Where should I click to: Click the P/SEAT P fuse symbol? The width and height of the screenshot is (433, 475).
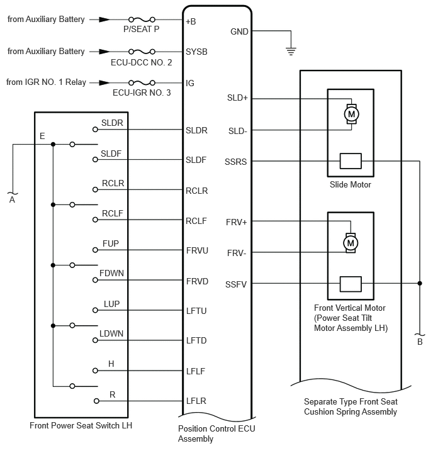point(142,20)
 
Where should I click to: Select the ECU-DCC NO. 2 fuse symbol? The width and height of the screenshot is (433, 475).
point(142,52)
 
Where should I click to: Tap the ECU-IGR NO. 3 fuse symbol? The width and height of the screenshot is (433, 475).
point(142,82)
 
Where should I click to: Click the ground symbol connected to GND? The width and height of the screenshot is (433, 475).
point(291,51)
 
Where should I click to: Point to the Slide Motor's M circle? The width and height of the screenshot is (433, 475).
point(351,115)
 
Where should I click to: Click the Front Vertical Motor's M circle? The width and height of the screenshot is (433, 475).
point(351,243)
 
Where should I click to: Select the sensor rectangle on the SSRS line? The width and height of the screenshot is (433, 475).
point(351,161)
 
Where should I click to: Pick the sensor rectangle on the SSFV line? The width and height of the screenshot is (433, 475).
point(351,284)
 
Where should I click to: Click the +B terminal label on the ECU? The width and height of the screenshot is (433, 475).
point(191,21)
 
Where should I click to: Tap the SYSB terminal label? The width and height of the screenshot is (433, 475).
point(196,52)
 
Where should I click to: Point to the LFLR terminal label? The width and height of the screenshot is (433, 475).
point(196,401)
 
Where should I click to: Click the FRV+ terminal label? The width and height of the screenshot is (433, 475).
point(237,222)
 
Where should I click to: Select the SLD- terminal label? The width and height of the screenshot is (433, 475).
point(237,131)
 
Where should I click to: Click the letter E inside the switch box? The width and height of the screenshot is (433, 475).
point(42,136)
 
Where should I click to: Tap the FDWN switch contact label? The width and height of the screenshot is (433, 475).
point(111,273)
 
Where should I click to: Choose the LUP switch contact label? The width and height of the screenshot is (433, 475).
point(111,304)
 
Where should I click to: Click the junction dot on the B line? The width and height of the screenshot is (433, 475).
point(420,283)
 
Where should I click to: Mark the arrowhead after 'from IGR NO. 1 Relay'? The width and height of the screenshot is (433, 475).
point(104,82)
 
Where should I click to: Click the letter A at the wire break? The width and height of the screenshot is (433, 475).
point(12,199)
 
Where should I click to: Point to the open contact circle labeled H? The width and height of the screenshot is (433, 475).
point(95,371)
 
